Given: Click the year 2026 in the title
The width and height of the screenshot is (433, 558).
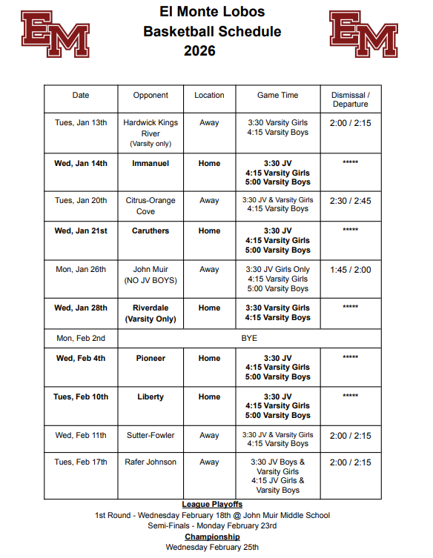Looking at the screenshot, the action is tap(200, 51).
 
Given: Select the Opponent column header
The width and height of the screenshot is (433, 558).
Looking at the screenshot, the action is tap(151, 95).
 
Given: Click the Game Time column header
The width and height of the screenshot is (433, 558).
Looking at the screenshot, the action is tap(278, 95).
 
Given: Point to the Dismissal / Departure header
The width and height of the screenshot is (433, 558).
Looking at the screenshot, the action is tap(351, 99).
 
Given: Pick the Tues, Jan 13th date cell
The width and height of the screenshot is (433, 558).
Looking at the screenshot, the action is tap(81, 123).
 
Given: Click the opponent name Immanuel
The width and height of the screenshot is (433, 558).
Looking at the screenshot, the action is tap(151, 163).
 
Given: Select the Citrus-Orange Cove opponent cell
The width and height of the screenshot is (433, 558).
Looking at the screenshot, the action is tap(151, 205).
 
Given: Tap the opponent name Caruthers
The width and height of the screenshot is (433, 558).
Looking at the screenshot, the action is tap(151, 230).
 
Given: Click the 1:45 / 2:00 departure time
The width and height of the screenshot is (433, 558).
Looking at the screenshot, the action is tap(351, 270).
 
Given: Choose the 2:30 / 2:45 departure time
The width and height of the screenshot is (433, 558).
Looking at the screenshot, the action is tap(351, 200).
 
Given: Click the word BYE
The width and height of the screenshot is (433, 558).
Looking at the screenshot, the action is tap(249, 338).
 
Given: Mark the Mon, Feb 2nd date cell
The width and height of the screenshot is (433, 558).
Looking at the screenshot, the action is tap(81, 338).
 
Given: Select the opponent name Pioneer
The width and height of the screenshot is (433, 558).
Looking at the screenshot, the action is tap(151, 358).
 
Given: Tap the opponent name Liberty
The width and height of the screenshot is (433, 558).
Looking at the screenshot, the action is tap(151, 396).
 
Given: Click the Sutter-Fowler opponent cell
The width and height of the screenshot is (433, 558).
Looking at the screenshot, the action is tap(151, 435).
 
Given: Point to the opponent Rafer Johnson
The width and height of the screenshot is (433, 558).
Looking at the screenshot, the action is tap(151, 462).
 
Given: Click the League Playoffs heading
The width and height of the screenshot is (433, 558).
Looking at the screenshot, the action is tap(213, 505).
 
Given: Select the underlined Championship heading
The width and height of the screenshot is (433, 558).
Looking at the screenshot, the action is tap(213, 537).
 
